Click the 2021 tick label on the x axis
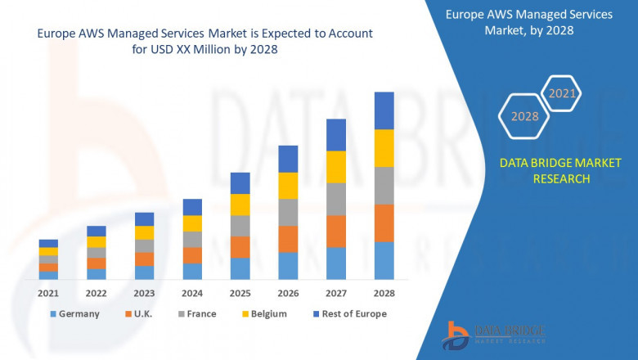[x=48, y=293]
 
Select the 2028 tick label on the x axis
[x=384, y=293]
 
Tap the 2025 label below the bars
[x=240, y=293]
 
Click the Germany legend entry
[x=74, y=314]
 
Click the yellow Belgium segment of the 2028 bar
[x=384, y=148]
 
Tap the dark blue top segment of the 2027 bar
[x=336, y=135]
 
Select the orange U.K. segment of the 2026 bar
[x=288, y=239]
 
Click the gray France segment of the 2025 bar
[x=240, y=226]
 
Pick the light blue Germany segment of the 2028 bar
[x=384, y=260]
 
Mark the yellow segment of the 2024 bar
[x=192, y=223]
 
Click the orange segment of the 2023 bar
[x=144, y=259]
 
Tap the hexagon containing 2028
[x=524, y=116]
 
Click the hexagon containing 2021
[x=562, y=93]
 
